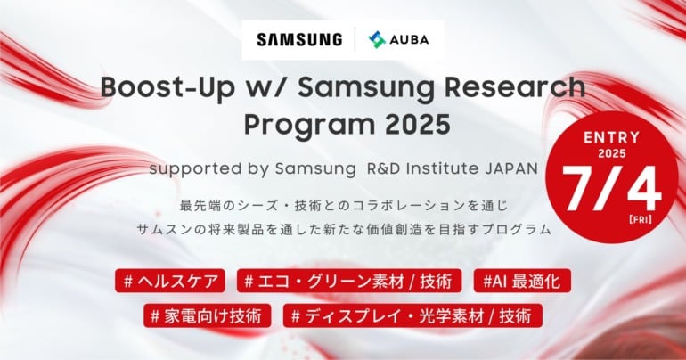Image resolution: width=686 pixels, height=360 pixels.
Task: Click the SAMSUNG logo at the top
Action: [x=299, y=40]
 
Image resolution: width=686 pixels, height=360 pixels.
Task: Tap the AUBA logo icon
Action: [x=377, y=40]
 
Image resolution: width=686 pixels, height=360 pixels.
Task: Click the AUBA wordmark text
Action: [x=409, y=40]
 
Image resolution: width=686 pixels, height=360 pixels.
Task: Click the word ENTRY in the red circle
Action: [x=612, y=138]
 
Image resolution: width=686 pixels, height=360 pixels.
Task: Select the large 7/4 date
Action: [x=612, y=189]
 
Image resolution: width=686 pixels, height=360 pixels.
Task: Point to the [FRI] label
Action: [x=640, y=219]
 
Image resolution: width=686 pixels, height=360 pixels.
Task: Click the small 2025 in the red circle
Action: [x=612, y=154]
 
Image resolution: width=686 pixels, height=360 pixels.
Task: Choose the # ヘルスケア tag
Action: [x=170, y=281]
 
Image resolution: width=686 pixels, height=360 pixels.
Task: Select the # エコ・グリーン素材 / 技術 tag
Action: [x=349, y=281]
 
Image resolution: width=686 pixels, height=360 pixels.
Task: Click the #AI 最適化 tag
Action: [x=522, y=281]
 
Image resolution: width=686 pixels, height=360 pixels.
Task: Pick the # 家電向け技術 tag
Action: [x=208, y=315]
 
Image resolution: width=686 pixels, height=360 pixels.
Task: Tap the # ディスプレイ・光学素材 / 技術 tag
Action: [x=412, y=315]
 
